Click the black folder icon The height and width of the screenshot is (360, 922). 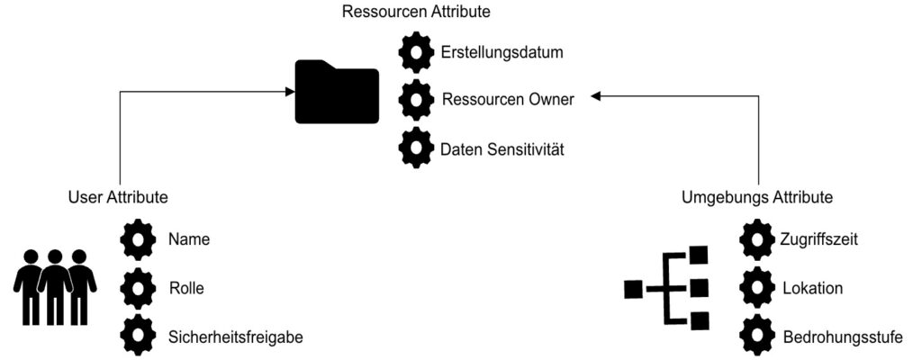coord(337,92)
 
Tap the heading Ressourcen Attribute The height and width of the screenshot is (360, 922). coord(416,13)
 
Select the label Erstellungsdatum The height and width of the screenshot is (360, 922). coord(502,52)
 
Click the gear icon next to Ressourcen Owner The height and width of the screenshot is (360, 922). coord(416,99)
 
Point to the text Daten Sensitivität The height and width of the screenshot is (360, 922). coord(502,148)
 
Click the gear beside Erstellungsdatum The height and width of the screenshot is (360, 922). coord(416,52)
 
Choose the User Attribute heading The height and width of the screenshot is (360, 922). coord(118,196)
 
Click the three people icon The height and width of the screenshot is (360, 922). coord(55,286)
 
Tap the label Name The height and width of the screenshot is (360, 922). coord(189,240)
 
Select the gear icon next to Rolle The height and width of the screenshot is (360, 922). coord(137,289)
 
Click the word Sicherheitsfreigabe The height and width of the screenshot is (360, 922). coord(235,337)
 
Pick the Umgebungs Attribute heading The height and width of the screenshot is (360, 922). coord(757,196)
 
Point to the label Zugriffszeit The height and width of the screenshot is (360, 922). coord(820,240)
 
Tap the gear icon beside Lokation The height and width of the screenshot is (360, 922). coord(756,289)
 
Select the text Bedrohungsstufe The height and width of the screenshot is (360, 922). coord(843,337)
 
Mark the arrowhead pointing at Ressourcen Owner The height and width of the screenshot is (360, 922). coord(595,96)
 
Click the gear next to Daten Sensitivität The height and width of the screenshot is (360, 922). coord(416,148)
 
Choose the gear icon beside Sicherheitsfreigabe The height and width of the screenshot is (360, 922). coord(137,337)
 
